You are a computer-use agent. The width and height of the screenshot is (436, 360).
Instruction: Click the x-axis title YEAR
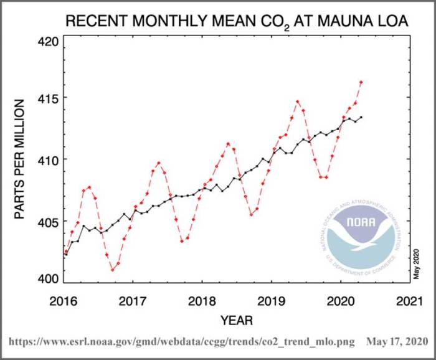click(236, 321)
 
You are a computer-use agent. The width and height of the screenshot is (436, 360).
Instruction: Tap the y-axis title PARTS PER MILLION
click(20, 159)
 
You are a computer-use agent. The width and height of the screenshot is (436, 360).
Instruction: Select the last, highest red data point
click(361, 82)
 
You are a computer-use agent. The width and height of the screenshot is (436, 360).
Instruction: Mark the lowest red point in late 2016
click(112, 270)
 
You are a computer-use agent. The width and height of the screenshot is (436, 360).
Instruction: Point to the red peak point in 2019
click(298, 102)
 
